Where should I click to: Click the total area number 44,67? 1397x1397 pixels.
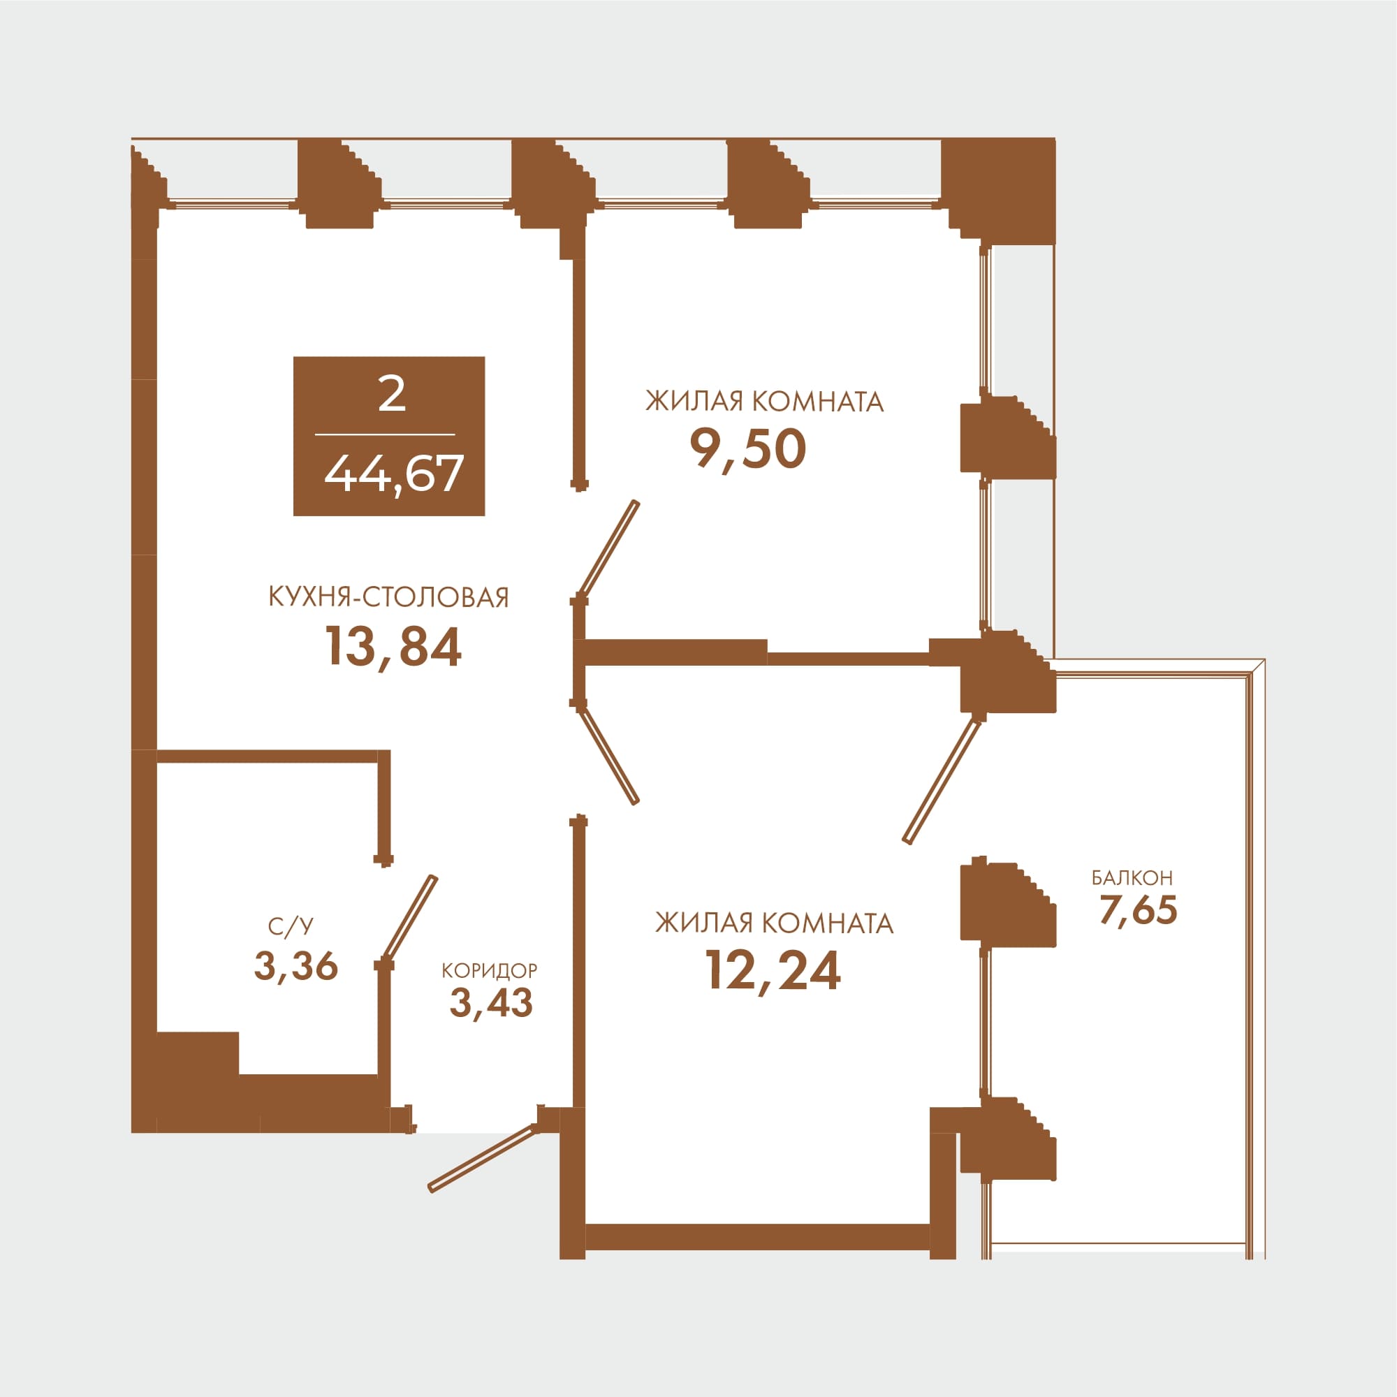[393, 474]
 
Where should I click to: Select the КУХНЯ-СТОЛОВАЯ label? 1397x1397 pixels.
[389, 598]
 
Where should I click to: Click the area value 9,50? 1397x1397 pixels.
[747, 448]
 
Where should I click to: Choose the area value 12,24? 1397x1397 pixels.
[773, 970]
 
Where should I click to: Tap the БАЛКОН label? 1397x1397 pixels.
[1132, 878]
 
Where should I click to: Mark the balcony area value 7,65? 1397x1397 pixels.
[1138, 910]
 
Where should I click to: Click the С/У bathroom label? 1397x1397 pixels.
[291, 926]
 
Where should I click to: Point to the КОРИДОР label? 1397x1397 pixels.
[490, 970]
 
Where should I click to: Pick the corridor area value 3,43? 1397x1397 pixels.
[491, 1002]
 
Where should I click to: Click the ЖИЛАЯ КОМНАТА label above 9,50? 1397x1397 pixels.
[764, 402]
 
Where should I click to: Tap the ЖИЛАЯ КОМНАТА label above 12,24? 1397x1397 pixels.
[775, 923]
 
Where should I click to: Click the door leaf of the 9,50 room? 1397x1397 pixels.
[609, 550]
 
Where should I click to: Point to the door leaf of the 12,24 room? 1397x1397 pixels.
[609, 754]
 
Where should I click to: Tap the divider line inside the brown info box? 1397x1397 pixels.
[386, 434]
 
